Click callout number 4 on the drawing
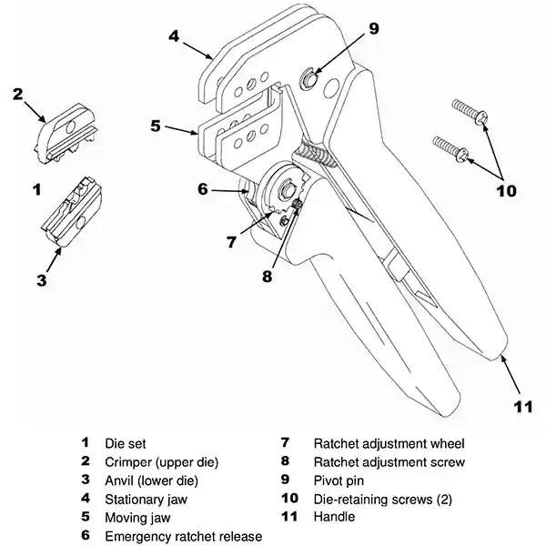click(x=174, y=36)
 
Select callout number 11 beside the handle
click(x=521, y=407)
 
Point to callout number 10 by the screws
click(x=505, y=190)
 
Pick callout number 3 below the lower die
click(x=41, y=280)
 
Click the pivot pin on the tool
click(x=308, y=81)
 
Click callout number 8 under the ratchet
click(x=267, y=275)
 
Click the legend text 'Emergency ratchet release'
click(x=183, y=536)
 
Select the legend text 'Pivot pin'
click(x=341, y=480)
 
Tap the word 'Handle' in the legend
click(x=334, y=517)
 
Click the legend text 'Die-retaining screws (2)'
click(x=382, y=499)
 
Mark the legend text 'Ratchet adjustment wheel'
click(x=389, y=444)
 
